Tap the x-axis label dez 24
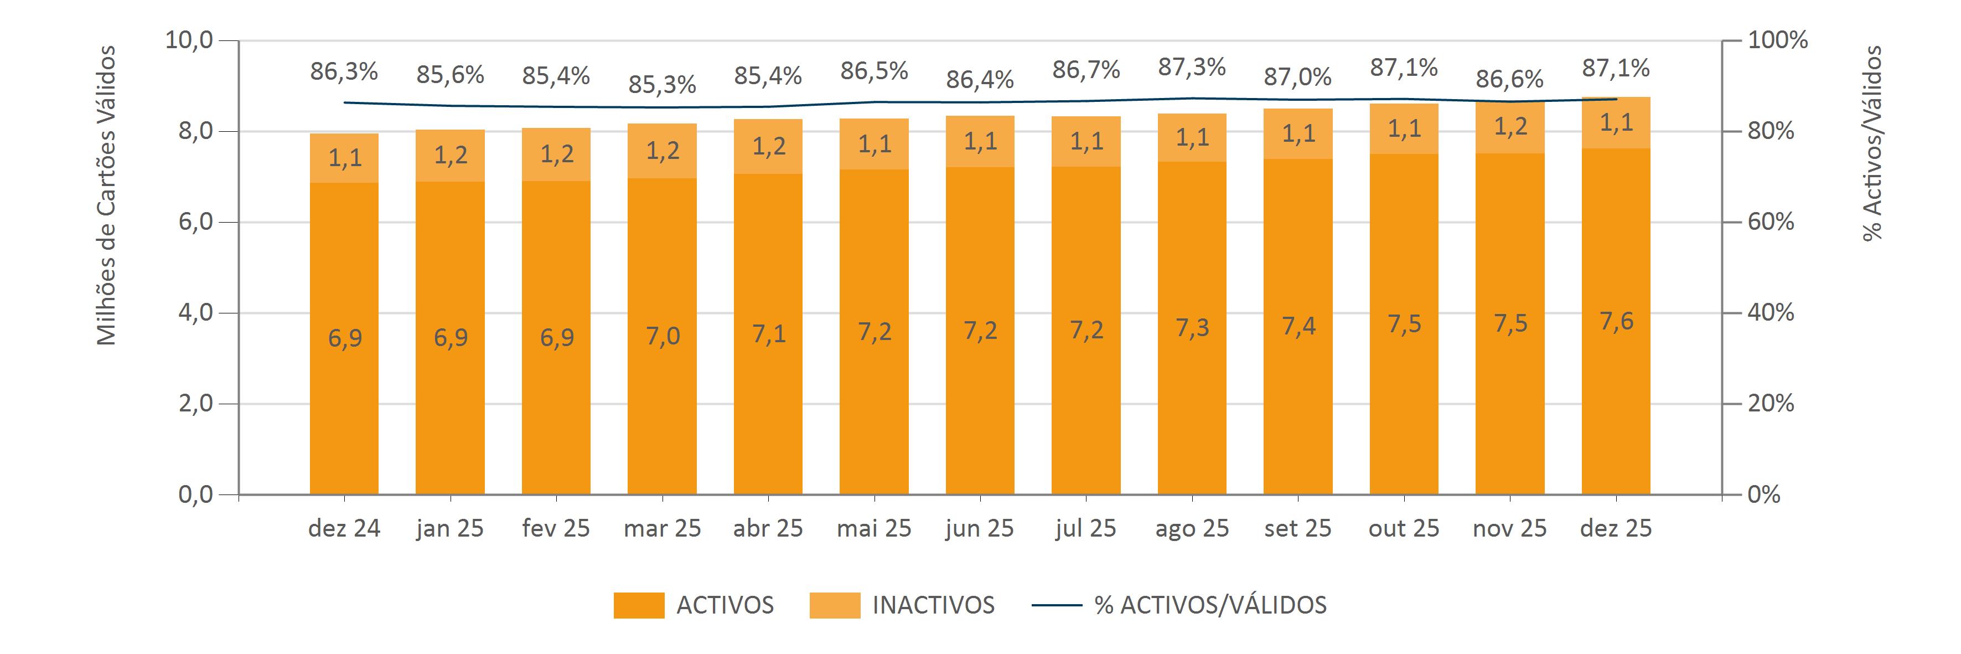(x=344, y=528)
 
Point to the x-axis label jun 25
(x=980, y=528)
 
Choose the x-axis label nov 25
(x=1509, y=528)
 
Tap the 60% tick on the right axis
(x=1771, y=222)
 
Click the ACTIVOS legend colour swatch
(x=639, y=605)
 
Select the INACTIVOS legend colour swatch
(x=834, y=605)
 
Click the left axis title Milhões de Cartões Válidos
(x=107, y=195)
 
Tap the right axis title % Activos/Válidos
(x=1872, y=143)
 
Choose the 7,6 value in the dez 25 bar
(x=1616, y=321)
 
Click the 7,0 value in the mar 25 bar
(x=663, y=336)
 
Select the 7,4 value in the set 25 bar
(x=1298, y=326)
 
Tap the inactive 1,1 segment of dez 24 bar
(x=344, y=158)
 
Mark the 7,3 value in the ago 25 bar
(x=1192, y=327)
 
